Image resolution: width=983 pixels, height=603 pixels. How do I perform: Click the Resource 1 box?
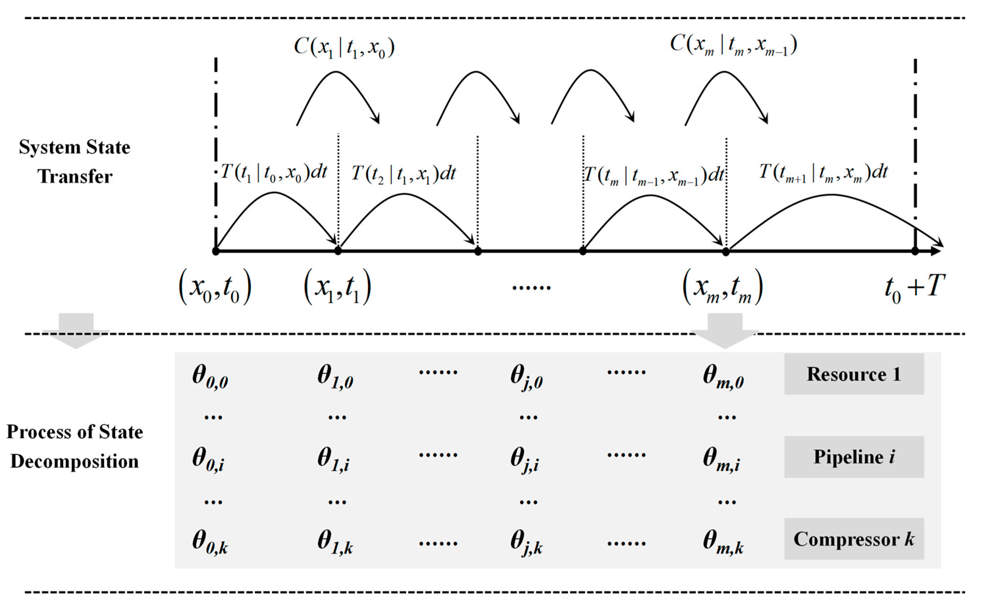[x=854, y=374]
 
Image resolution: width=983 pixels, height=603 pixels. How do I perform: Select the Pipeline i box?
[x=854, y=457]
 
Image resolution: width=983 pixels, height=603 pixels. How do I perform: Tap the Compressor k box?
[x=854, y=539]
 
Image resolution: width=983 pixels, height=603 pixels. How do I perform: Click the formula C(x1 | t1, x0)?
[x=344, y=47]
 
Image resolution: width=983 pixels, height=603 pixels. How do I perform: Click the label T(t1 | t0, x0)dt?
[x=274, y=173]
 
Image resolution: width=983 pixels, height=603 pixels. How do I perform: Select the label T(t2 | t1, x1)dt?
[x=403, y=174]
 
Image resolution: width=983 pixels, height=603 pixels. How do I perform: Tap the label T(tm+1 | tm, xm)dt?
[x=823, y=173]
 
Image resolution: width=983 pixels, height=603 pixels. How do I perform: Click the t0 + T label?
[x=914, y=288]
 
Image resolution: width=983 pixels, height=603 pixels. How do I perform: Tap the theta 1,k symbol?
[x=335, y=543]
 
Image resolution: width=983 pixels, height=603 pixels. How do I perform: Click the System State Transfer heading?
[x=75, y=162]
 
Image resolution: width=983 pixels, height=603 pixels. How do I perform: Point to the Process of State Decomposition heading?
[x=75, y=447]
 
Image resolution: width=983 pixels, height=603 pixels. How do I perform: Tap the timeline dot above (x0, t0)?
[x=216, y=251]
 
